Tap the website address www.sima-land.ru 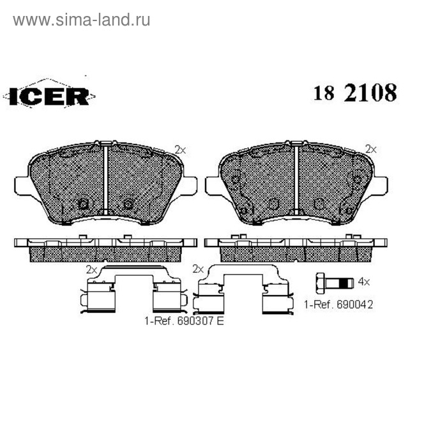tap(81, 20)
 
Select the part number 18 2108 tap(355, 93)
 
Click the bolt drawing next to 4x tap(335, 283)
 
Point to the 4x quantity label tap(364, 282)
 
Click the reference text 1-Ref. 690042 tap(338, 305)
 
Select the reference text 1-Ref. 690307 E tap(184, 321)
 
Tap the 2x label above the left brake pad tap(180, 150)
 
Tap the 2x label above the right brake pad tap(371, 149)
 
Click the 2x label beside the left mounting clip tap(92, 269)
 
